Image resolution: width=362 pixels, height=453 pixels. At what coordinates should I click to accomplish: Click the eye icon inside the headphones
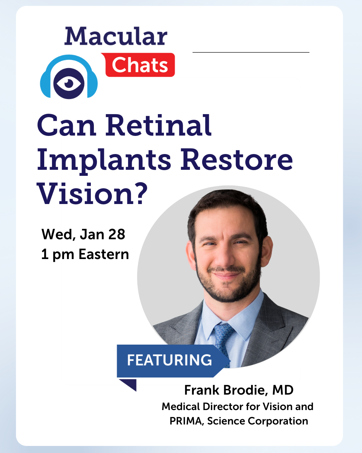tap(69, 83)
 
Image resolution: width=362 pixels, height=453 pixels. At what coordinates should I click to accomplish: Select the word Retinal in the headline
tap(158, 125)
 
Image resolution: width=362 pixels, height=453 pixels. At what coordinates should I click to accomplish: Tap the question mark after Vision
tap(140, 193)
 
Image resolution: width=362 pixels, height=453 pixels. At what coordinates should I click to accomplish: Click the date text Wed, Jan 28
tap(83, 234)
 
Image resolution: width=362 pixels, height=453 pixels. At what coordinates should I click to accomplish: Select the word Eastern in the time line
tap(104, 254)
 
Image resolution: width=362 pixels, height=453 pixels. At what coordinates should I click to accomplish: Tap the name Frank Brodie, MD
tap(239, 390)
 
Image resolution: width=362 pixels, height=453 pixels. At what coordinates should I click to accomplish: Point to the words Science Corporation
tap(258, 421)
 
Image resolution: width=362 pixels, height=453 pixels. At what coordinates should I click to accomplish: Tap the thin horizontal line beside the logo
tap(251, 52)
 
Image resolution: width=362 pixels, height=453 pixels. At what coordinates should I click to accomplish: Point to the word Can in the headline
tap(67, 126)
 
